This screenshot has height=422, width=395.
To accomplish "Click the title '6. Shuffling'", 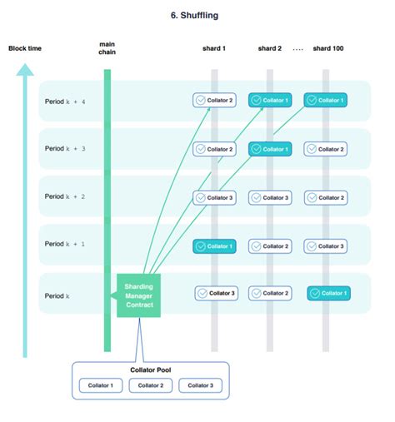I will [x=197, y=14].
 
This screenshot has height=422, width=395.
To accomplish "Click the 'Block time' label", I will [x=25, y=48].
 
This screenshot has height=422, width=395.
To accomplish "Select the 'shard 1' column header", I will [x=213, y=48].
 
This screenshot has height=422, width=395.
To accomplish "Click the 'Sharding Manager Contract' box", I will [x=138, y=295].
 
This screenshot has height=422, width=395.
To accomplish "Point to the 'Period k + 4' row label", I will [x=66, y=102].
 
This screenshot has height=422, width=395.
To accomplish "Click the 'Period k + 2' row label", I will [x=66, y=197].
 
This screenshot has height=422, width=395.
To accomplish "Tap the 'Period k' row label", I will [x=57, y=295].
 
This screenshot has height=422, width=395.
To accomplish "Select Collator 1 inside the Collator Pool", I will [x=101, y=385].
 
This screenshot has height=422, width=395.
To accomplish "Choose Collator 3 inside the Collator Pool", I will [x=199, y=385].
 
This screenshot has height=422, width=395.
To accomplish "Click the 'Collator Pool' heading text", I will [x=150, y=369].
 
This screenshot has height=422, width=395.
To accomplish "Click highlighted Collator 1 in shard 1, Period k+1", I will [x=214, y=246].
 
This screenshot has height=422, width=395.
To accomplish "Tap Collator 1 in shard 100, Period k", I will [x=327, y=293].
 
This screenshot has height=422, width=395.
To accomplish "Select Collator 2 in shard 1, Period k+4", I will [x=214, y=101].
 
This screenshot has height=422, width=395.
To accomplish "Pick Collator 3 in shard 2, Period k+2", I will [x=270, y=198].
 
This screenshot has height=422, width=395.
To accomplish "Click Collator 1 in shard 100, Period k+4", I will [x=325, y=101].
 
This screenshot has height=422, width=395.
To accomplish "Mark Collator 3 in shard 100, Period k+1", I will [x=325, y=246].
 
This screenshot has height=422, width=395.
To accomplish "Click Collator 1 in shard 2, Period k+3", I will [x=270, y=149].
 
